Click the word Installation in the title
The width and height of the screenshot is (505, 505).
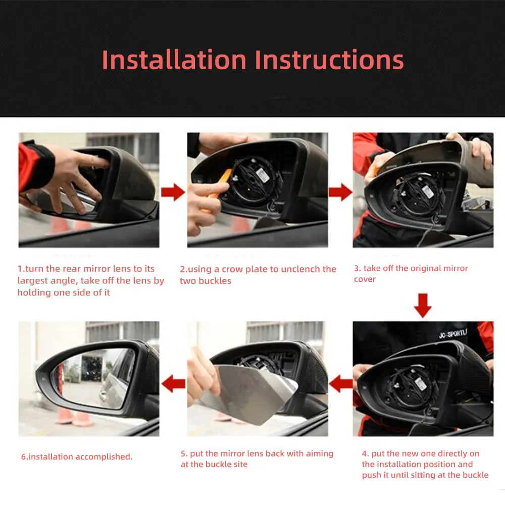(174, 60)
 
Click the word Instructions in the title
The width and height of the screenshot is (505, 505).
(329, 60)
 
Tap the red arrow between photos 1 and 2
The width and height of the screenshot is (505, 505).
(173, 192)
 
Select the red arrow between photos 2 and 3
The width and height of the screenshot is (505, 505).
(340, 192)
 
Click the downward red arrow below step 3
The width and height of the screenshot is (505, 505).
(423, 306)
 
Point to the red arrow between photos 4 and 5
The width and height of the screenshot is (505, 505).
(341, 384)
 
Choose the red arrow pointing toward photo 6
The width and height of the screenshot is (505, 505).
(173, 384)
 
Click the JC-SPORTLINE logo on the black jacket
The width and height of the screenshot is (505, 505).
(452, 334)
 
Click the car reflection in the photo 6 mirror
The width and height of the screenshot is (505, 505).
(114, 380)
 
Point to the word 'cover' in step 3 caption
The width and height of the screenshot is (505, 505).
(365, 279)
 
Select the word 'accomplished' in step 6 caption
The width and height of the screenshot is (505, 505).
(104, 457)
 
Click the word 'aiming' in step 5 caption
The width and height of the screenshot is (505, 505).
(320, 454)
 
